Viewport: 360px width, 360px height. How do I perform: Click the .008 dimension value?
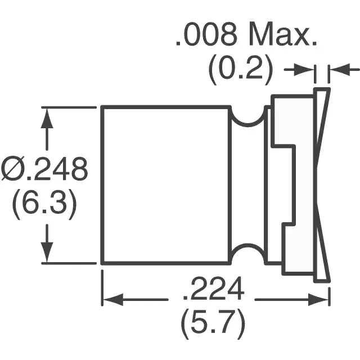(x=206, y=34)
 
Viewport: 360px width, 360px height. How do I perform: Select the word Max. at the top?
(x=283, y=34)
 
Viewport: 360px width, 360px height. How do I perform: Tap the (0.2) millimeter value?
(x=241, y=70)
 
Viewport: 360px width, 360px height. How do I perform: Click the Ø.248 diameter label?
(x=44, y=169)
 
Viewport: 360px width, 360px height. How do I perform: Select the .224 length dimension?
(x=213, y=288)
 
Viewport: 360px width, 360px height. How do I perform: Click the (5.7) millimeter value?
(x=213, y=324)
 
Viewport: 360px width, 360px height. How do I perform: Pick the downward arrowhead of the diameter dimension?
(x=47, y=252)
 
